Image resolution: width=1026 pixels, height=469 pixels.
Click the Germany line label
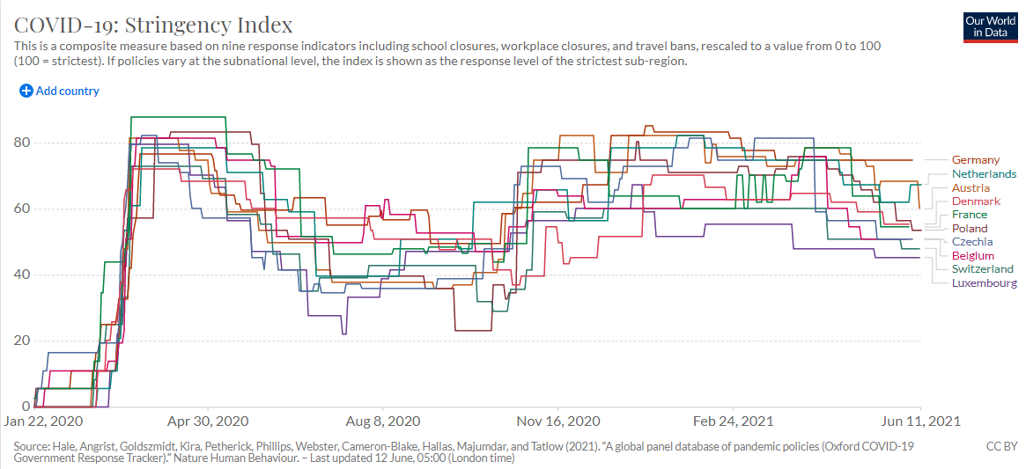point(976,160)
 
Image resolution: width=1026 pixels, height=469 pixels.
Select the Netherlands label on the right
point(984,174)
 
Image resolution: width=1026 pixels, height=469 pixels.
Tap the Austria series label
point(971,188)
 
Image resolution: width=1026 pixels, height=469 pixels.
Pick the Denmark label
point(976,202)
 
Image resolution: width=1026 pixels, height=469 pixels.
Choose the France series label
point(970,215)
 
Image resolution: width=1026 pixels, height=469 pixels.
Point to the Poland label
point(970,229)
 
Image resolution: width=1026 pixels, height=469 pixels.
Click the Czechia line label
point(972,242)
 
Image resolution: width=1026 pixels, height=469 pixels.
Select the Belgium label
point(973,256)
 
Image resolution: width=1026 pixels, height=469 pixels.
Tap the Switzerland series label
point(983,269)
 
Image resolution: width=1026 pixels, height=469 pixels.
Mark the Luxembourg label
point(985,283)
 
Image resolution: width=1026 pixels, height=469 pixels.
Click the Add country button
point(60,91)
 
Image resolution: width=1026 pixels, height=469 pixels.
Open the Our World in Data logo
point(991,26)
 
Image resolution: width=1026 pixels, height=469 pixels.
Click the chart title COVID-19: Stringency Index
point(153,24)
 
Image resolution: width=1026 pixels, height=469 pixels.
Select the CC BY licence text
point(1002,447)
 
